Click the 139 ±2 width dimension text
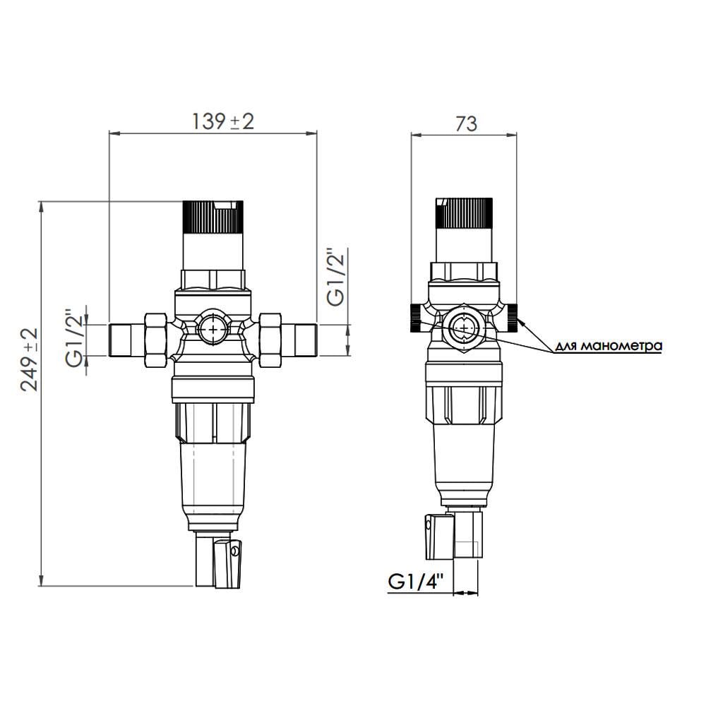(x=222, y=121)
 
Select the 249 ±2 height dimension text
(x=29, y=359)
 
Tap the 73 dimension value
(x=465, y=124)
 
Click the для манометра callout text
(x=609, y=346)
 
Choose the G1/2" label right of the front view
(x=337, y=276)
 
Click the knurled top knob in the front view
(x=213, y=217)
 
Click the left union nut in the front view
(x=155, y=340)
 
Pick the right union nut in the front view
(x=270, y=340)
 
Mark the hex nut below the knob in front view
(x=213, y=279)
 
